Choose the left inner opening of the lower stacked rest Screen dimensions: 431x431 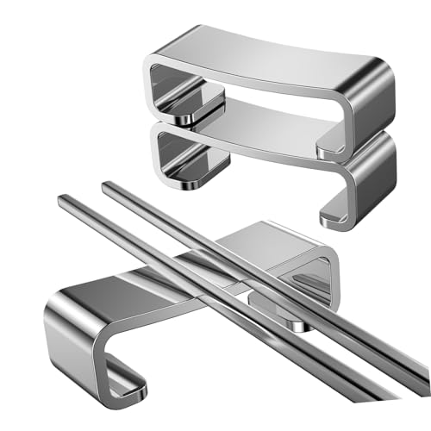click(185, 155)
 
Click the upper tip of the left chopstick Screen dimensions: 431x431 click(63, 201)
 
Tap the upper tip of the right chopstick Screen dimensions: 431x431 click(107, 185)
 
